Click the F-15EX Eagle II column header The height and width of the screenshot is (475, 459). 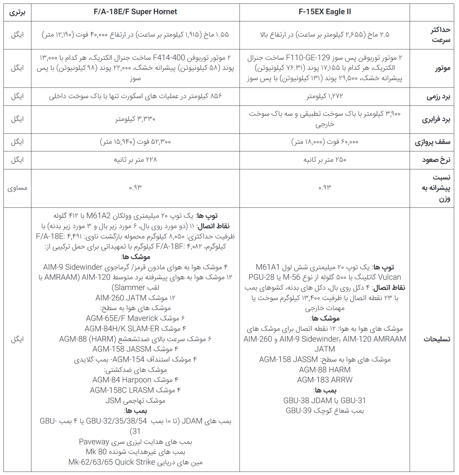pos(324,12)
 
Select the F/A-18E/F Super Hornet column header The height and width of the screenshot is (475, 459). pos(135,12)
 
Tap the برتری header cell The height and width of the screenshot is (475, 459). pos(17,12)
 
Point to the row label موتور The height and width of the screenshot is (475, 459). pos(442,68)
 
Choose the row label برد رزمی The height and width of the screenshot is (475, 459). pos(438,96)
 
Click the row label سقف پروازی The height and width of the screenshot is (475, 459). pos(432,142)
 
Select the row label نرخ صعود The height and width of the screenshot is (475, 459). pos(436,160)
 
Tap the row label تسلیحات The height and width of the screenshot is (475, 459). pos(437,339)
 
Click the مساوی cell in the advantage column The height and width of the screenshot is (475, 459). pos(17,188)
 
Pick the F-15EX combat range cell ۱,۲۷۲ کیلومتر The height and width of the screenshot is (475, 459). pos(324,96)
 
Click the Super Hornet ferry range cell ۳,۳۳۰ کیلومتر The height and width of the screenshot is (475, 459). pos(135,119)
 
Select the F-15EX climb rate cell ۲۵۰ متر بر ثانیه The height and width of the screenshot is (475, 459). pos(324,160)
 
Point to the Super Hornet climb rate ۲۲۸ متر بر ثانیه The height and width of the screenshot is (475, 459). pos(135,160)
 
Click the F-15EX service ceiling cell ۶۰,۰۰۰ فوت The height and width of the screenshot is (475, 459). pos(324,142)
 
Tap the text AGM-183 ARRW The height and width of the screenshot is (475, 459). pos(324,380)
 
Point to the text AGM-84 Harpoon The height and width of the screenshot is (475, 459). pos(122,380)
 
